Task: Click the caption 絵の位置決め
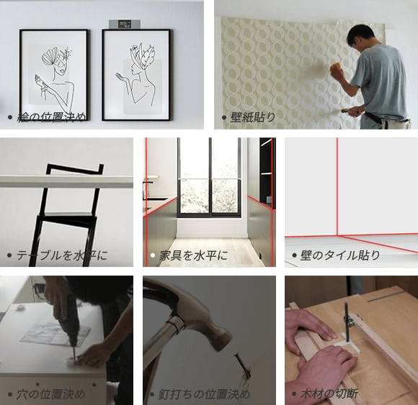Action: (x=52, y=117)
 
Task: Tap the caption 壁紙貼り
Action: (x=253, y=117)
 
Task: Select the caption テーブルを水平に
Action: (x=62, y=255)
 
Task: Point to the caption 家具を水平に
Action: (x=194, y=255)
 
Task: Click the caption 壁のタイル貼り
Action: (x=340, y=255)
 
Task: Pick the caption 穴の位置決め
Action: (x=50, y=394)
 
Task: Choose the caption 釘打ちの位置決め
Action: (x=204, y=394)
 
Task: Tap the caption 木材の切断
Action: (x=329, y=394)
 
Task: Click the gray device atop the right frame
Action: (x=125, y=24)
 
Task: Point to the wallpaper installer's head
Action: (x=360, y=37)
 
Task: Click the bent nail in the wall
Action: (x=244, y=367)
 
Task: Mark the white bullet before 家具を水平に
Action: (x=153, y=255)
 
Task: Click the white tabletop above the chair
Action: (x=66, y=181)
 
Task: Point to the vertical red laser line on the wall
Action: (x=337, y=187)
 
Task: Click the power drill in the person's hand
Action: (x=70, y=327)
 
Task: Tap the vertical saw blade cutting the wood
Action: (x=346, y=322)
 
